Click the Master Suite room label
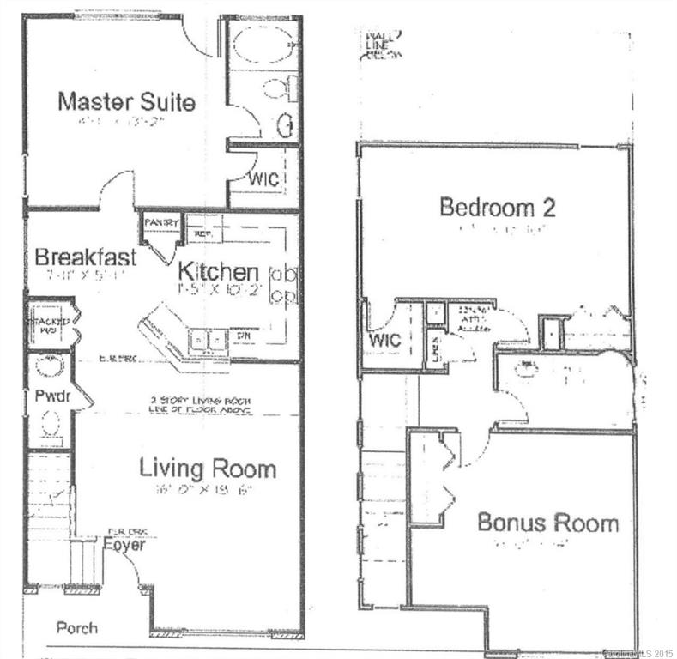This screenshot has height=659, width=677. click(126, 101)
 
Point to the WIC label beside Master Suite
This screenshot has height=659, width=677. click(261, 180)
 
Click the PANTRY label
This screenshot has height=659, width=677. click(160, 222)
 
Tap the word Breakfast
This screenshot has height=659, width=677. click(86, 257)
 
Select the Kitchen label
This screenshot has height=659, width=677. click(218, 272)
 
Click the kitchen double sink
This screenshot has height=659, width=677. click(205, 342)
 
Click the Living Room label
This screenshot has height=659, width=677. click(208, 469)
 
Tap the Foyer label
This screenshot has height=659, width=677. click(124, 544)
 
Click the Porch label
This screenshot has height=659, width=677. click(76, 627)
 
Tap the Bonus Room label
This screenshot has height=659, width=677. click(547, 522)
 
